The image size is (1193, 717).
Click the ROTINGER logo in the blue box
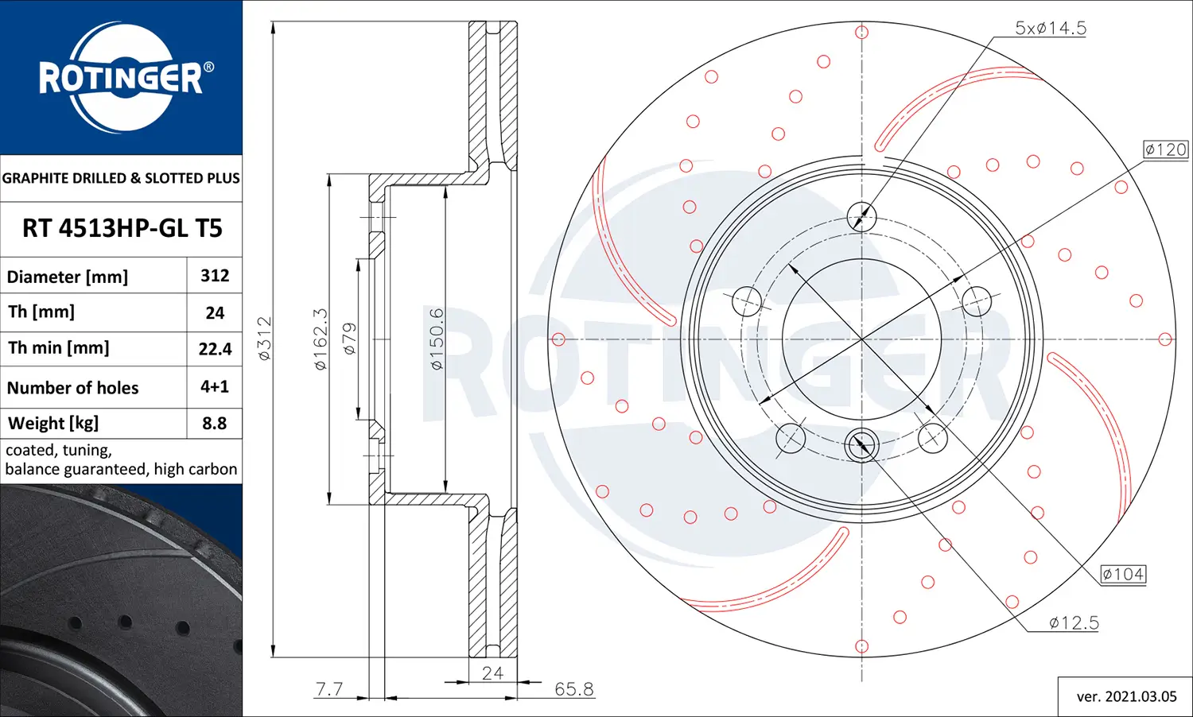(122, 77)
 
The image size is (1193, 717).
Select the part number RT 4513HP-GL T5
(122, 229)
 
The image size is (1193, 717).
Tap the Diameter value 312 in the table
(215, 276)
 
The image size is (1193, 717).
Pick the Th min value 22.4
(215, 349)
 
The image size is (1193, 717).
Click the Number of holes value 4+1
(215, 387)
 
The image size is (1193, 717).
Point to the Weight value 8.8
(215, 424)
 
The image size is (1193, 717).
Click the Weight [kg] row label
(53, 424)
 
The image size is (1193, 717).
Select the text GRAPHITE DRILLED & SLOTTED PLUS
(121, 178)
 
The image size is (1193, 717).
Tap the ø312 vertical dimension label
(265, 338)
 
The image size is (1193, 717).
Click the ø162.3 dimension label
(321, 339)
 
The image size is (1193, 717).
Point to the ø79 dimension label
(349, 338)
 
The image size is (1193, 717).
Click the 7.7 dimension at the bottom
(329, 688)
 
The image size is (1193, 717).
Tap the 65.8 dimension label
(573, 689)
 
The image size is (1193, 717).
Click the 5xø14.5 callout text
(1050, 29)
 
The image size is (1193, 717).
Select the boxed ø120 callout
(1165, 149)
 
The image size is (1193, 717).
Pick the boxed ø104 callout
(1122, 574)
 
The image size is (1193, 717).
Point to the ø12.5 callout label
(1074, 623)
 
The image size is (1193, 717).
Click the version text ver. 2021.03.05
(1126, 697)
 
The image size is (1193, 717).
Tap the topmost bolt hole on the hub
(861, 215)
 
